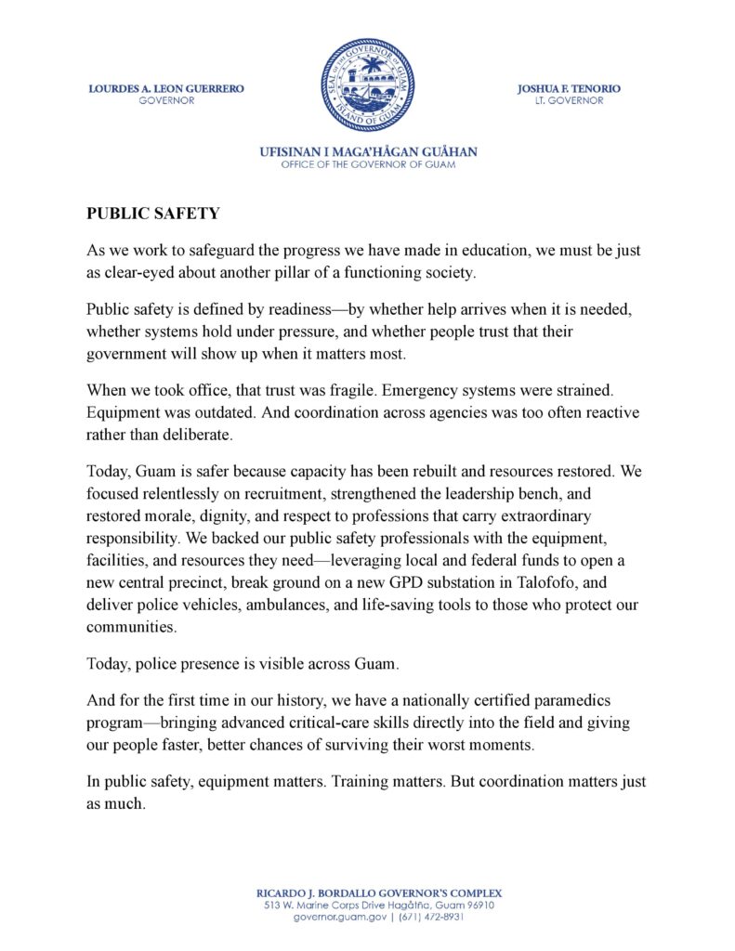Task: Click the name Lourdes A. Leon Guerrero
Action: pos(166,89)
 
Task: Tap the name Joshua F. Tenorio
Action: pos(570,89)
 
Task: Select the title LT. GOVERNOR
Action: pos(570,100)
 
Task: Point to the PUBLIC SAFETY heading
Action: pos(153,214)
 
